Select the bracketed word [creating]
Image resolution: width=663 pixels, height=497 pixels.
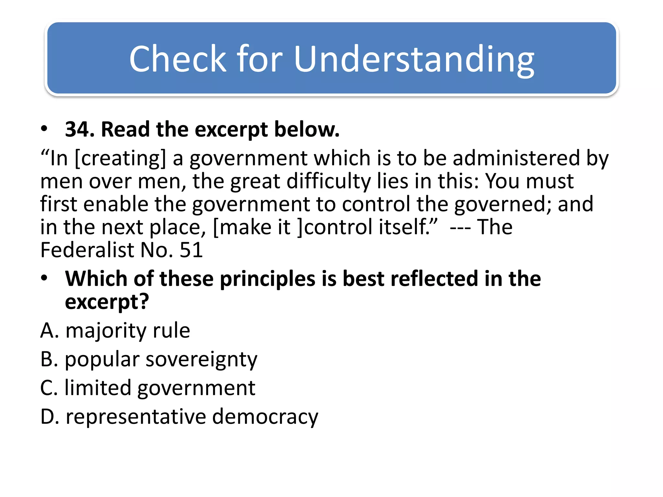(120, 159)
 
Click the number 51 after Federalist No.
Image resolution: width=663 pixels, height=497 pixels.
(191, 250)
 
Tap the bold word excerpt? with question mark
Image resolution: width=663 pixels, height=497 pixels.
(107, 302)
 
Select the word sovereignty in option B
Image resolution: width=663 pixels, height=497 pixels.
(201, 359)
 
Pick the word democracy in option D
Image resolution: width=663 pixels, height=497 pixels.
(265, 417)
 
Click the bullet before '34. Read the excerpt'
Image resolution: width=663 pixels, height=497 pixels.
(44, 129)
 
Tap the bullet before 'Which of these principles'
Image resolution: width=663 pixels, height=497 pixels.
(44, 278)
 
